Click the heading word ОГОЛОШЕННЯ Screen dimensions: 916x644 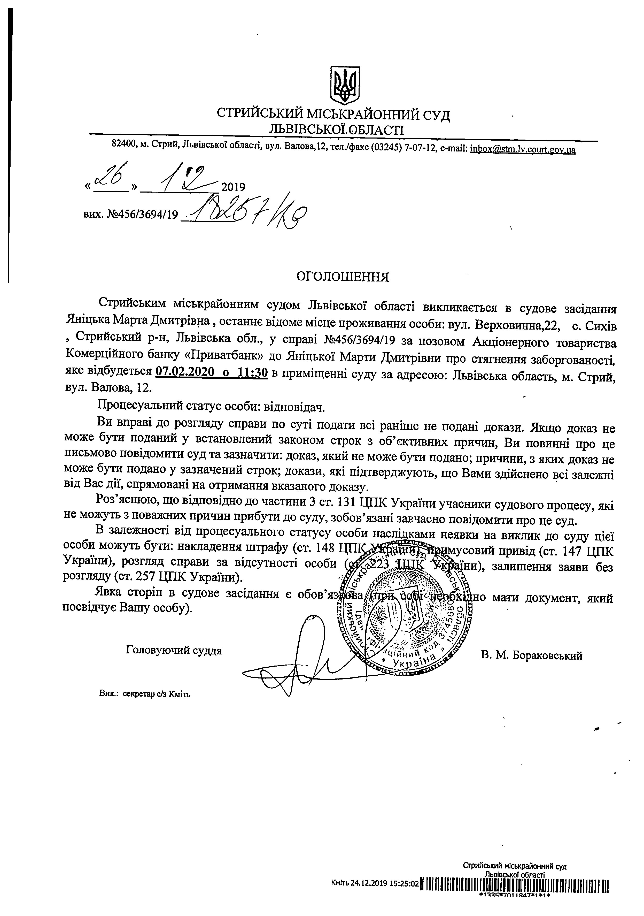click(342, 277)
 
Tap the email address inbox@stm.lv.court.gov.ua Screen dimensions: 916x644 click(523, 150)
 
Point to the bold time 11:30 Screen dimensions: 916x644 click(252, 372)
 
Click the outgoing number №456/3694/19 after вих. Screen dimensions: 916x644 click(142, 216)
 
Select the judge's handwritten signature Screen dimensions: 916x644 click(303, 662)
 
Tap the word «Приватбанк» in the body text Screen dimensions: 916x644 click(228, 357)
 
